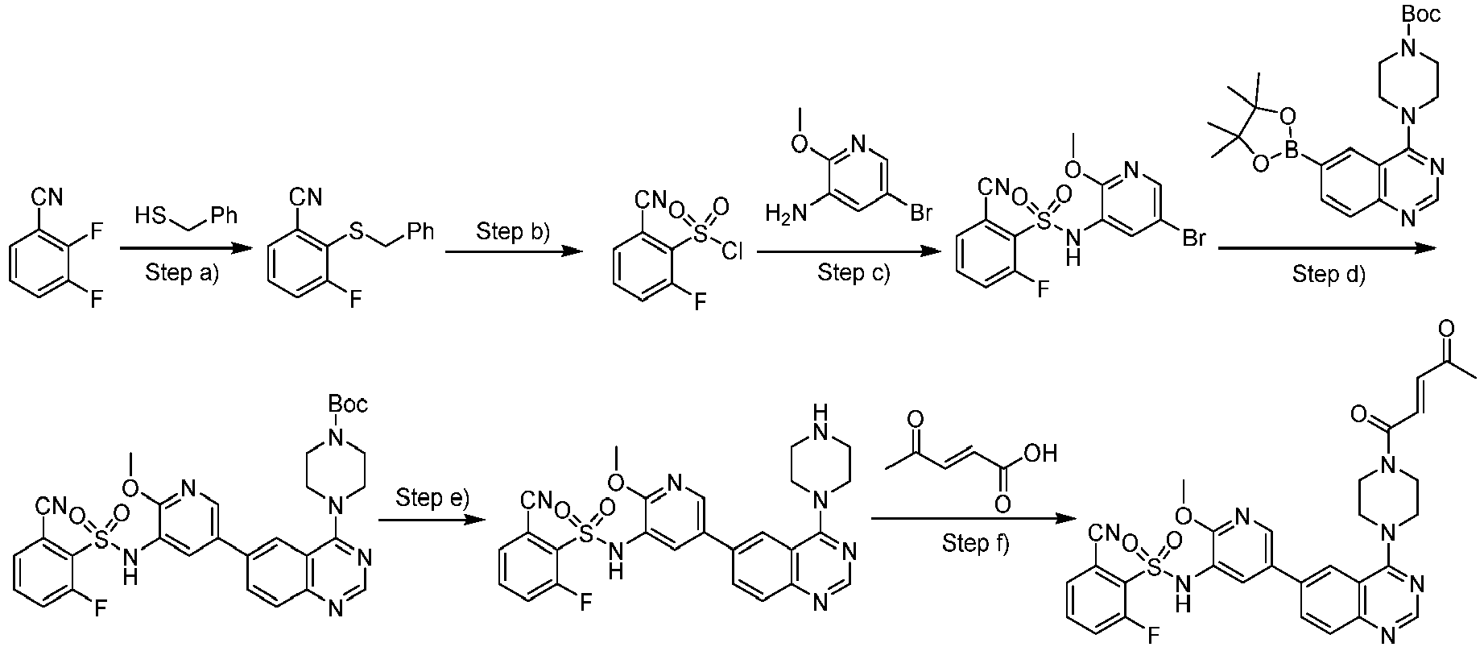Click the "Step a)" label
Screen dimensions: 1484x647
click(x=182, y=273)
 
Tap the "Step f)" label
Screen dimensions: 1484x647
click(x=975, y=544)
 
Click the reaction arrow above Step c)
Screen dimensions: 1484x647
click(x=850, y=252)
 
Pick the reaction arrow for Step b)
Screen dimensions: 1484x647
click(x=513, y=252)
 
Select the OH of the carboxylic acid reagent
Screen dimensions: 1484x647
click(x=1040, y=454)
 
